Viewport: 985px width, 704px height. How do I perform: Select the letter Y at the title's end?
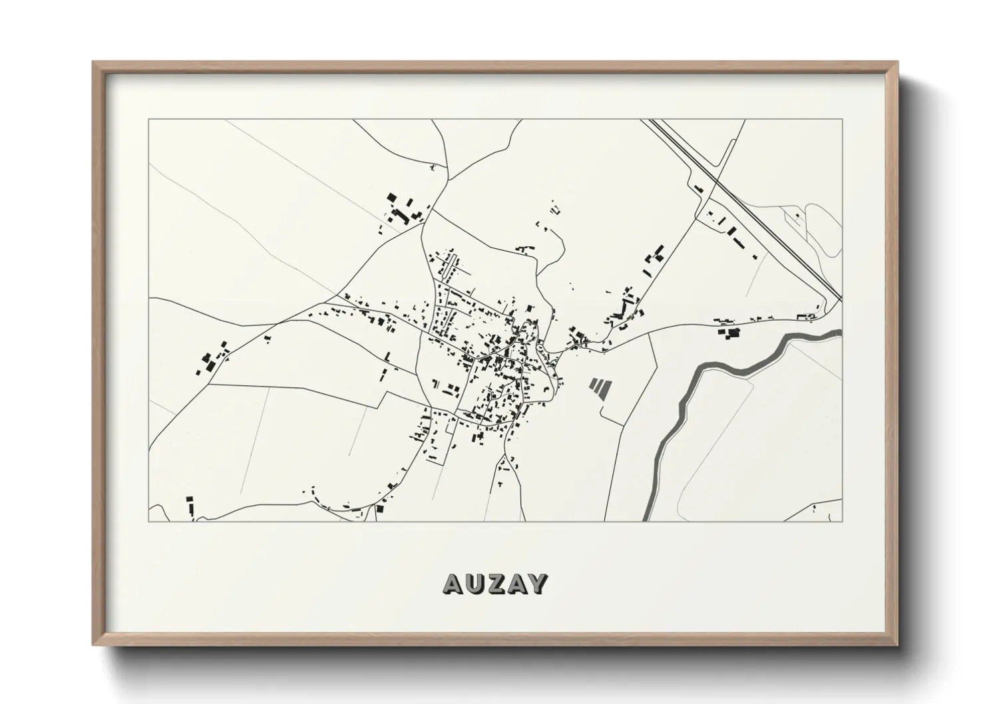pos(537,584)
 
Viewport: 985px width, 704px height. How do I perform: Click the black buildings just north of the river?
pos(727,330)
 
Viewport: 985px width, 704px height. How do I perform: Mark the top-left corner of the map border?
pos(148,120)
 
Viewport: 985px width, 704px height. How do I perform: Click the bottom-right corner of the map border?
pos(842,521)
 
